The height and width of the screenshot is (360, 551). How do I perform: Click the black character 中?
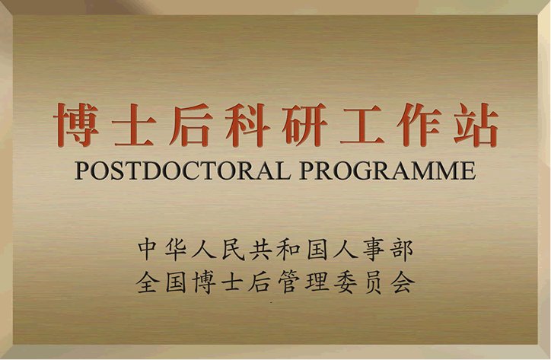(148, 248)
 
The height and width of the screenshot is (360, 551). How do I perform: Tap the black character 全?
(148, 283)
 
